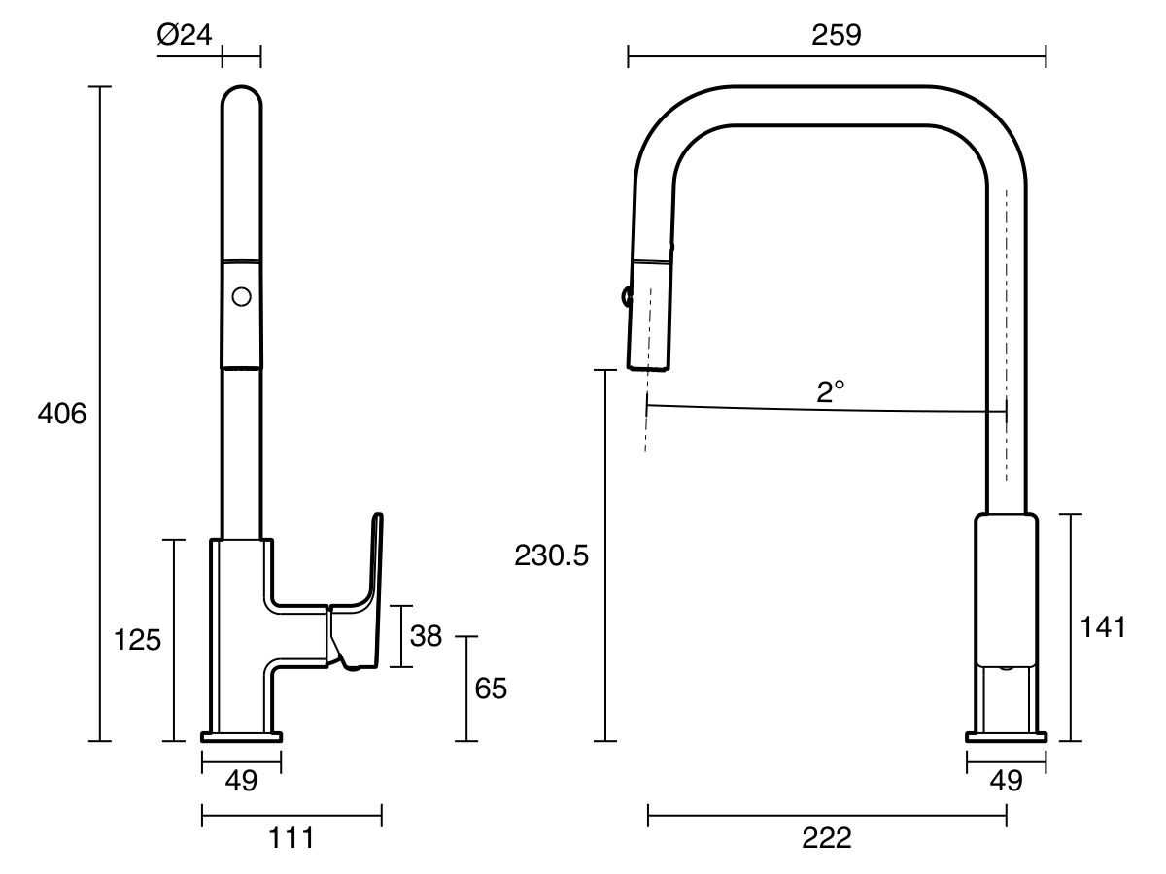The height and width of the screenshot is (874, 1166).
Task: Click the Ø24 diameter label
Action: click(x=184, y=36)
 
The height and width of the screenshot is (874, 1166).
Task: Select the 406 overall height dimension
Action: click(x=62, y=414)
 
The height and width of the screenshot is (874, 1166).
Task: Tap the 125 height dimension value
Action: click(x=137, y=641)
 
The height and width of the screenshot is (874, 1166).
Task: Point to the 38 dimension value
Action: click(x=426, y=637)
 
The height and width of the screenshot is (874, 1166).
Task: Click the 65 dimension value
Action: click(x=491, y=689)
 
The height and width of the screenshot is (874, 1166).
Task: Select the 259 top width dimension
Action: click(x=836, y=36)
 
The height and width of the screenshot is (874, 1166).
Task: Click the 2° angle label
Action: click(x=831, y=392)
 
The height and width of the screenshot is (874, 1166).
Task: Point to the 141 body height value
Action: click(x=1103, y=627)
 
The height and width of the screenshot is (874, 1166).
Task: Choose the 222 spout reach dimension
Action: click(x=827, y=837)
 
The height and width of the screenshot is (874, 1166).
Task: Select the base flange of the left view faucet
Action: click(x=241, y=736)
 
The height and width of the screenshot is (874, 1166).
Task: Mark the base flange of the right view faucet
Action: click(x=1006, y=736)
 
